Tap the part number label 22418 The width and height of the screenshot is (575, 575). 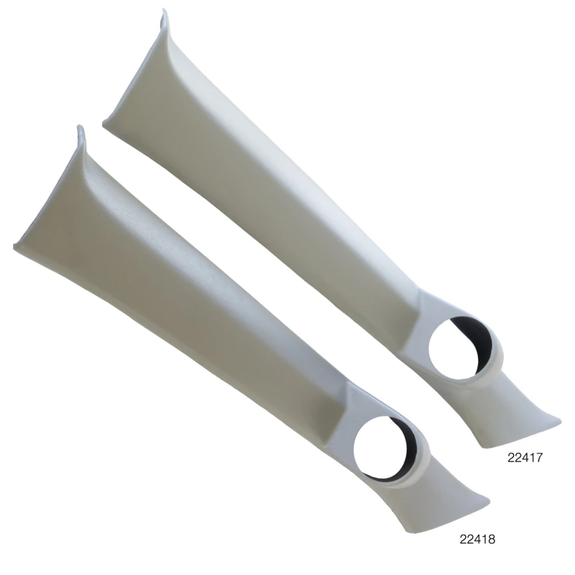pyautogui.click(x=477, y=537)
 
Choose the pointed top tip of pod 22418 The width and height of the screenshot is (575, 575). pyautogui.click(x=80, y=129)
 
